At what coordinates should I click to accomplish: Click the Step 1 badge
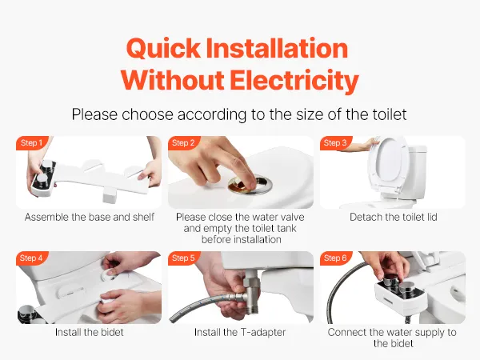[x=31, y=142]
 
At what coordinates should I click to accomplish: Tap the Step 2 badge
[x=183, y=142]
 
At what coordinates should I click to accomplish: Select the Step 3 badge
[x=335, y=142]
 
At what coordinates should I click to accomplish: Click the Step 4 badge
[x=31, y=258]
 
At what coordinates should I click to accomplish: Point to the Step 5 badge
[x=183, y=258]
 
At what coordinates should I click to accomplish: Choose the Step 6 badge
[x=335, y=258]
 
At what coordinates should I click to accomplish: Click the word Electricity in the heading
[x=294, y=81]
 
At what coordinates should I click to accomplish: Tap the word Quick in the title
[x=163, y=49]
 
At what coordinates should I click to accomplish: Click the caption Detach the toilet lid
[x=394, y=217]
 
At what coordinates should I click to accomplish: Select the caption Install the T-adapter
[x=240, y=332]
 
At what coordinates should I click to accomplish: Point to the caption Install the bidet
[x=89, y=332]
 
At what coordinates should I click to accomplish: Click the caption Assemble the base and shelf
[x=89, y=217]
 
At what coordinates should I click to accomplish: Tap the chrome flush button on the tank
[x=250, y=184]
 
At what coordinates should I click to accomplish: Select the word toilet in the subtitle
[x=390, y=114]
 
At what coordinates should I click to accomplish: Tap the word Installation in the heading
[x=277, y=48]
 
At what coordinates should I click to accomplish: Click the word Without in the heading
[x=172, y=80]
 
